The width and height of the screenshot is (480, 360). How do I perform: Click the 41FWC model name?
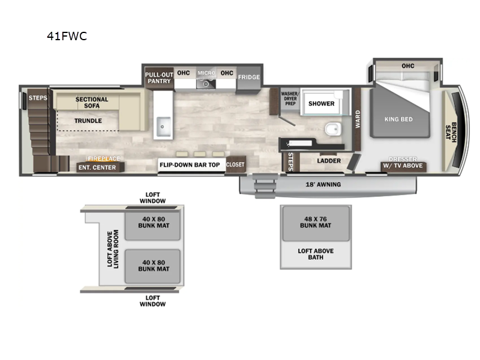(67, 36)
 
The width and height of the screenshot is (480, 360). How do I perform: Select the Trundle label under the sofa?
(88, 121)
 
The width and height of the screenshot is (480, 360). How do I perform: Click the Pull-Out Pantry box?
(158, 77)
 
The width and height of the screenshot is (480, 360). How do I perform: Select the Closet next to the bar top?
(235, 164)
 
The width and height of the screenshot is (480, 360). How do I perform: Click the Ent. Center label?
(97, 167)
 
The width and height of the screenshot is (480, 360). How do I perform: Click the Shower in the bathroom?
(322, 103)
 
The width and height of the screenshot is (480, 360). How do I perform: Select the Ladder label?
(329, 161)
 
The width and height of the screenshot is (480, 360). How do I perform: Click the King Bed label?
(398, 119)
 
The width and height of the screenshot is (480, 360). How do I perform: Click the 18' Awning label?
(323, 184)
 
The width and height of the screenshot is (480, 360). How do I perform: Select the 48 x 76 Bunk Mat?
(316, 223)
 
